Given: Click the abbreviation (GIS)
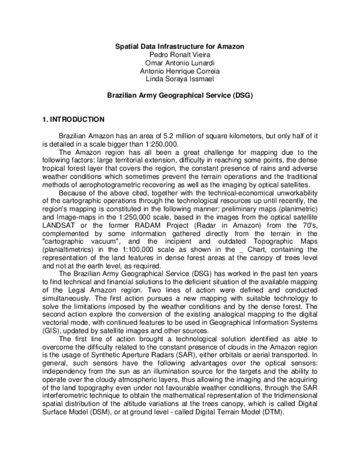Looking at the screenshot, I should pos(52,330).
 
